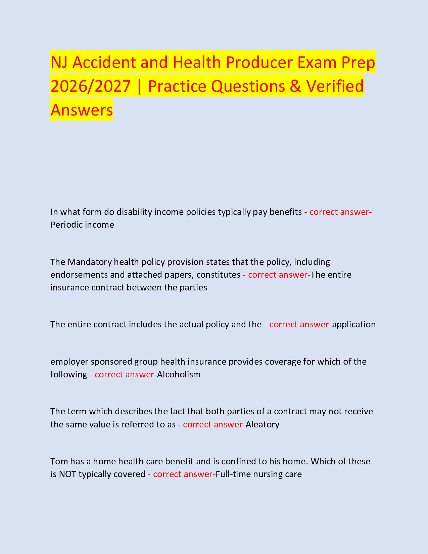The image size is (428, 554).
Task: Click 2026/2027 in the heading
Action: point(90,86)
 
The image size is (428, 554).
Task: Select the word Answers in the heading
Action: point(82,110)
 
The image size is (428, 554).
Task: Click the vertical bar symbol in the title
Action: point(139,86)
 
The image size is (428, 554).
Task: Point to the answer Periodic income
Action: point(82,225)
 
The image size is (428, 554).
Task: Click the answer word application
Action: point(354,324)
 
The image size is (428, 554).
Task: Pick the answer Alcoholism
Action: point(179,374)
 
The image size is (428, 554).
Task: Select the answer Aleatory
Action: point(263,424)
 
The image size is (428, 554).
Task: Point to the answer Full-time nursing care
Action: point(259,474)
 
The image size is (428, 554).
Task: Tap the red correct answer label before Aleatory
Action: point(212,424)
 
